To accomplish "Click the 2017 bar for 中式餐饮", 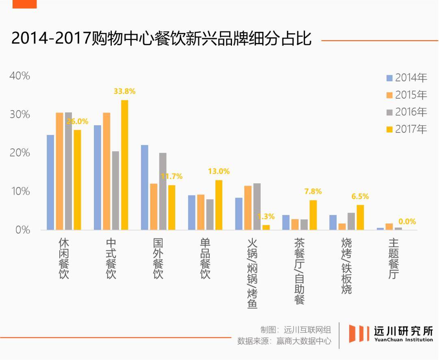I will click(124, 165).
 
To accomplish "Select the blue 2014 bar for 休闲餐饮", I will click(50, 182).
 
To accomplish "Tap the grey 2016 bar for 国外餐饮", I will click(163, 191).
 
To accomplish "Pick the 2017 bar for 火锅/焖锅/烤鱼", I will click(266, 227).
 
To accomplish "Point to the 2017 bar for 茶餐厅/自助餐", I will click(313, 215).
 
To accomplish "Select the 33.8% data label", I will click(124, 91).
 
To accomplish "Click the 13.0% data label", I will click(219, 171).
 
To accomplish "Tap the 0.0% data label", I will click(407, 221).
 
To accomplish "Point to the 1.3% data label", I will click(266, 217).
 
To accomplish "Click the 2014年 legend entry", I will click(406, 78).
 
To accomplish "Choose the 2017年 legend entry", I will click(406, 129).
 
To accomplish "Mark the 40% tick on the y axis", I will click(20, 76).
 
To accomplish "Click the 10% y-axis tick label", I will click(20, 191).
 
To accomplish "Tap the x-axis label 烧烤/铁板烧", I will click(346, 266).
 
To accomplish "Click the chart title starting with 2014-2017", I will click(161, 39).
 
